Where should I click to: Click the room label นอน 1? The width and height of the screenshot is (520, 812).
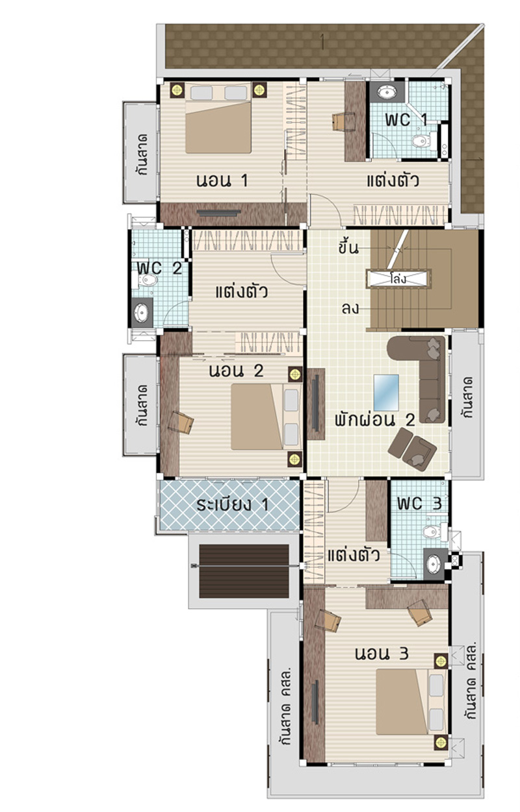click(x=222, y=180)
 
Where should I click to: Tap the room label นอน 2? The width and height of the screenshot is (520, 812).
click(x=236, y=371)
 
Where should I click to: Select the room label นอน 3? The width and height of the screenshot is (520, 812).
click(x=382, y=653)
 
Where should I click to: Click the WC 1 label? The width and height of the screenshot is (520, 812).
click(x=406, y=119)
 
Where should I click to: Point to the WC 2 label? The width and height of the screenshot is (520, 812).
click(x=159, y=268)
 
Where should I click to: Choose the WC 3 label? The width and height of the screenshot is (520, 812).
click(x=419, y=503)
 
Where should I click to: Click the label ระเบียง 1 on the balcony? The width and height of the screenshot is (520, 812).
click(x=233, y=505)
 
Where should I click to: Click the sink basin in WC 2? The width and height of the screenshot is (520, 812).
click(x=141, y=312)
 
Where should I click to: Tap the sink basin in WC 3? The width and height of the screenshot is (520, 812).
click(x=434, y=564)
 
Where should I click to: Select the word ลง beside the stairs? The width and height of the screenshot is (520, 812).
click(x=350, y=309)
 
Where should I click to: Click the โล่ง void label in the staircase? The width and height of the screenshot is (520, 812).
click(x=398, y=279)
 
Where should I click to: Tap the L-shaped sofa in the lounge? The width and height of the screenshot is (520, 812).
click(x=422, y=375)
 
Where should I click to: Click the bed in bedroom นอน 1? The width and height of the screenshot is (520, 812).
click(x=218, y=118)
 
